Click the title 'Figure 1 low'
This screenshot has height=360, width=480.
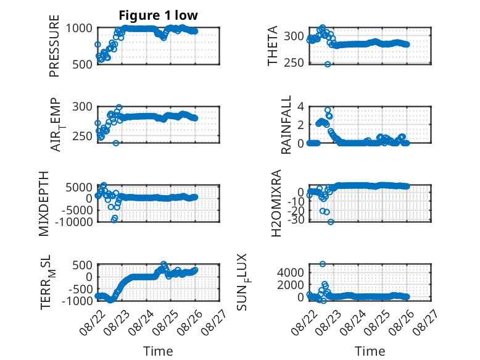click(x=159, y=15)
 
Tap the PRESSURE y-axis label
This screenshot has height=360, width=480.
click(x=54, y=46)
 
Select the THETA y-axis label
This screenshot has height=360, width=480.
click(x=272, y=46)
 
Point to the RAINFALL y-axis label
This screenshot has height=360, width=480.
click(x=286, y=125)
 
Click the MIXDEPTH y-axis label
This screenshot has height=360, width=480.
click(x=44, y=204)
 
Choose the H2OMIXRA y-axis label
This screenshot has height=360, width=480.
click(x=276, y=203)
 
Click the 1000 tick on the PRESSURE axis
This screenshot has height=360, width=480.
click(x=79, y=28)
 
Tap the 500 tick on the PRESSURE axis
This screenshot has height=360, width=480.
click(x=82, y=64)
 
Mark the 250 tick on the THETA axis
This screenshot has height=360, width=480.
click(x=294, y=62)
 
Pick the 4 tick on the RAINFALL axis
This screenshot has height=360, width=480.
click(x=300, y=107)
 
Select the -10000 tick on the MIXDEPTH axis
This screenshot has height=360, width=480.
click(x=74, y=222)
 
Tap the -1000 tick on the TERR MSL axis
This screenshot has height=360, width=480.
click(x=77, y=300)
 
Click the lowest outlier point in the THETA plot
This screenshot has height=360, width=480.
click(x=328, y=64)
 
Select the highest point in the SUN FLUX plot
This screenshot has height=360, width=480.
click(x=323, y=264)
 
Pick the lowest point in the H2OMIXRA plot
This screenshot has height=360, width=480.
click(x=331, y=222)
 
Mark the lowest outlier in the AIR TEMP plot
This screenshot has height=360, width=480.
click(x=116, y=143)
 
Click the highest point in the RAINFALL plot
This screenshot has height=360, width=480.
click(x=328, y=110)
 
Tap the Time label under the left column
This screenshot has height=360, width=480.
click(x=158, y=351)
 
